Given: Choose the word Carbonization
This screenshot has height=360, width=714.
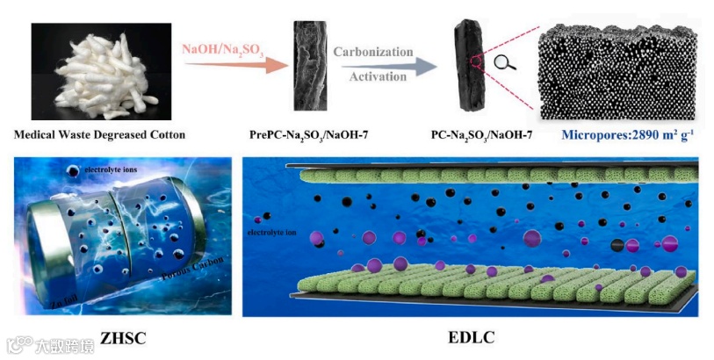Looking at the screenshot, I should click(x=373, y=52).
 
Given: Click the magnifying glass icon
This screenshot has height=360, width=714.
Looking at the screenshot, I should click(x=504, y=62).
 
